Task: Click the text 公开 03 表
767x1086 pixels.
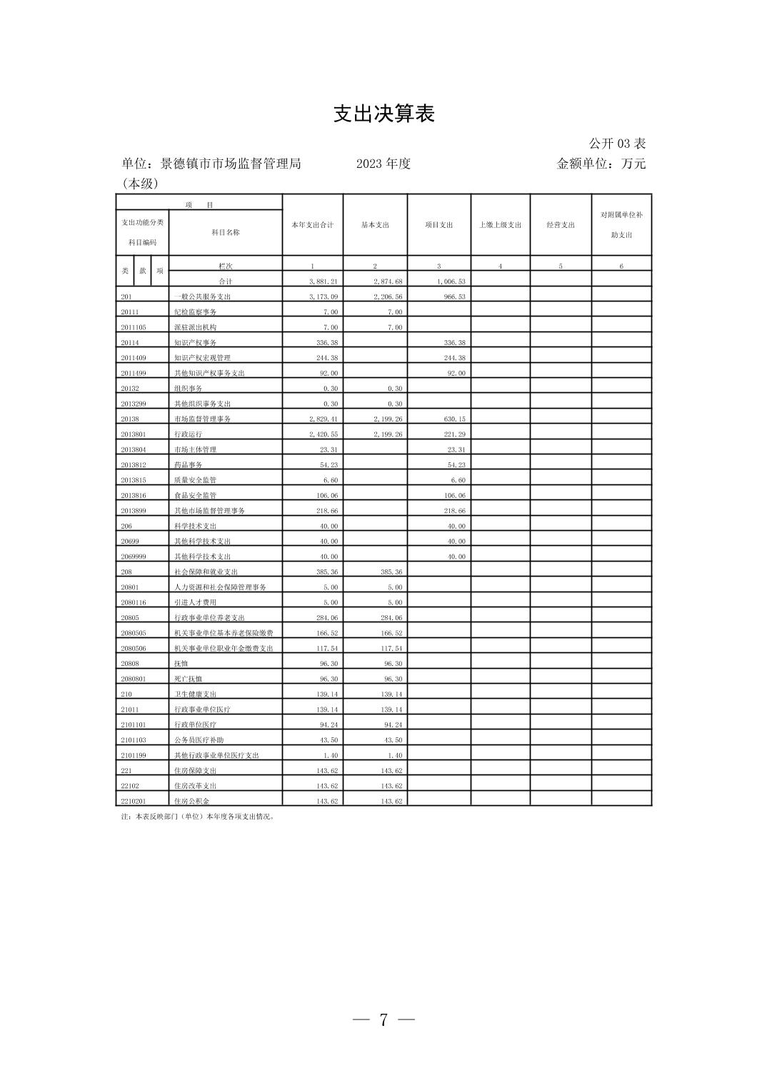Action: [x=617, y=144]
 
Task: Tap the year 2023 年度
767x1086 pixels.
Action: [x=383, y=164]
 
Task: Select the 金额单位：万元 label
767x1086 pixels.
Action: [x=601, y=164]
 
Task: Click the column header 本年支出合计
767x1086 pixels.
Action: [x=312, y=225]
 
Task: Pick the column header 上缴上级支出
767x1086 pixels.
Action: [x=500, y=225]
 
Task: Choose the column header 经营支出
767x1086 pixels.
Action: [x=561, y=225]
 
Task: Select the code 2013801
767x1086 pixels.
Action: [x=134, y=434]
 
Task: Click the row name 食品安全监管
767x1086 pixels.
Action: [x=195, y=496]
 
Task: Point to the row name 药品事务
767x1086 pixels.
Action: [x=188, y=465]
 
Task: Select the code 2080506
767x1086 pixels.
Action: [x=134, y=649]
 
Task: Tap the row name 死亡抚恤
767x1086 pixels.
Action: [x=188, y=679]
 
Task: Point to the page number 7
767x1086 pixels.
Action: [x=383, y=1020]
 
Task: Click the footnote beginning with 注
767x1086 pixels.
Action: [x=198, y=817]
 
